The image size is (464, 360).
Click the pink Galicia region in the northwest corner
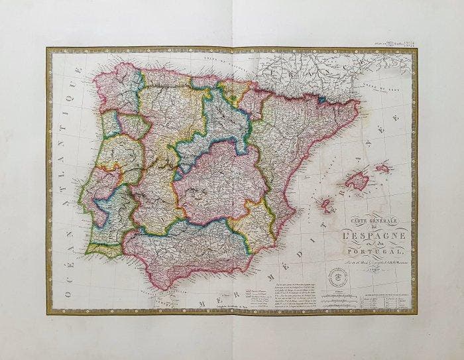(117, 86)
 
